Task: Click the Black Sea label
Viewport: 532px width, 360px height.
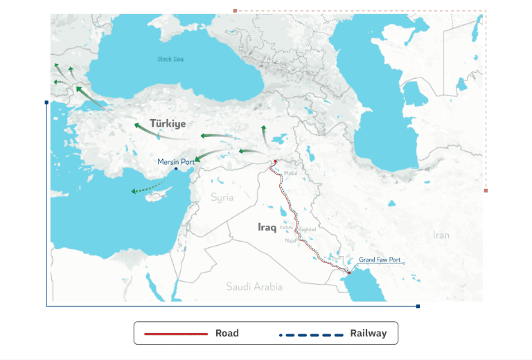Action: [170, 60]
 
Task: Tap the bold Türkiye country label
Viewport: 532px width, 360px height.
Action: [167, 123]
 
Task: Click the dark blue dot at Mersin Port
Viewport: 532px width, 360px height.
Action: [177, 169]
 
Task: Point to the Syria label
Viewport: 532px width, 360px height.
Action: [222, 198]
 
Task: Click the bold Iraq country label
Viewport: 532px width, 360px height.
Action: [267, 227]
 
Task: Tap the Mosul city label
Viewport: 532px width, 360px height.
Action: [290, 173]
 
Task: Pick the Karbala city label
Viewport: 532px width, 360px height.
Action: [287, 226]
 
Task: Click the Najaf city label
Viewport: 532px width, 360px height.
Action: [291, 240]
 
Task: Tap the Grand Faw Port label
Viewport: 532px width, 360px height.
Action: [380, 260]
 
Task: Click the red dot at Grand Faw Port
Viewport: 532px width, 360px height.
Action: [350, 272]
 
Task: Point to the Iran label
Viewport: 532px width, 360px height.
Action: [441, 235]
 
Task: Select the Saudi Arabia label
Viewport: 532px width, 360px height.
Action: [254, 286]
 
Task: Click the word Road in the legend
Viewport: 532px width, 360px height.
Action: [227, 334]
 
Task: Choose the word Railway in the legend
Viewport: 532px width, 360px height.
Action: [368, 334]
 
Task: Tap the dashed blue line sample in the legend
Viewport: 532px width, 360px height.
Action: [311, 334]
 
